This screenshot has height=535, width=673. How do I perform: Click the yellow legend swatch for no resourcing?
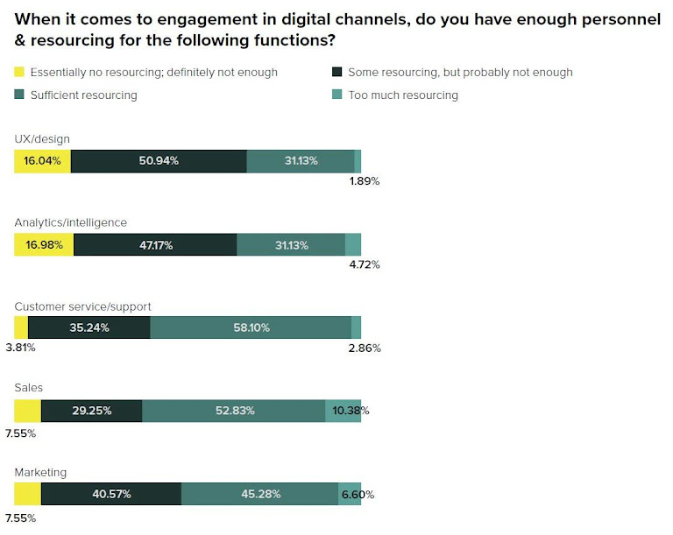click(x=19, y=72)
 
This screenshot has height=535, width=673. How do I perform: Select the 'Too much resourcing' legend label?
click(x=402, y=95)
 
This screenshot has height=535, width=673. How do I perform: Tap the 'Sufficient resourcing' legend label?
click(x=83, y=95)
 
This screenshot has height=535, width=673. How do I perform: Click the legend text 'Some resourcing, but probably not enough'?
click(x=460, y=72)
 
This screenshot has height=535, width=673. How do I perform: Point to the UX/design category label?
click(x=42, y=138)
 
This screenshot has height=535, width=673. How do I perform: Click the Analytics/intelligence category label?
click(x=71, y=222)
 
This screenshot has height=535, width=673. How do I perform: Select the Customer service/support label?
click(x=83, y=306)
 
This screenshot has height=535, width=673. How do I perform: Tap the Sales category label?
click(x=29, y=387)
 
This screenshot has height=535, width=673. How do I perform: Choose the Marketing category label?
click(x=41, y=472)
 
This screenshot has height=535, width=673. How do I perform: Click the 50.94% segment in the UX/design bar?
click(x=159, y=161)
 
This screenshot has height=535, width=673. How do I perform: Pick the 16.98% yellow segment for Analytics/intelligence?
click(x=44, y=245)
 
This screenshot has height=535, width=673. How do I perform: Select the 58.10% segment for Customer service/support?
click(x=251, y=328)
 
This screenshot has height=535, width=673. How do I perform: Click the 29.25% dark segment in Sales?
click(x=91, y=411)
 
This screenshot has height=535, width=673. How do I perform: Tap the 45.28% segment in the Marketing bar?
click(x=259, y=494)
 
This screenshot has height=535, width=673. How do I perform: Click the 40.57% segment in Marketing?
click(x=111, y=494)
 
